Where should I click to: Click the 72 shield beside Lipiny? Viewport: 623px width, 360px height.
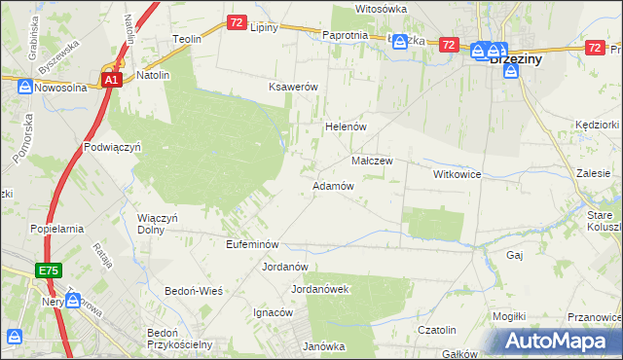[237, 21]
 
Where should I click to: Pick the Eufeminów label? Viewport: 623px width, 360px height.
[253, 244]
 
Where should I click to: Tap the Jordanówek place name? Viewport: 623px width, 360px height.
[320, 289]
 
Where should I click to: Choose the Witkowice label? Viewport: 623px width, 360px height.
[458, 173]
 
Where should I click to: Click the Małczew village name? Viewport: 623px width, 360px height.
[372, 161]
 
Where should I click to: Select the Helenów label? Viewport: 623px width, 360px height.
[344, 126]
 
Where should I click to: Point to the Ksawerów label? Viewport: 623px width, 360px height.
[294, 87]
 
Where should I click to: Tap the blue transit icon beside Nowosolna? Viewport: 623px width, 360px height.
[24, 87]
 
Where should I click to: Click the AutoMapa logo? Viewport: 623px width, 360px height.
[560, 341]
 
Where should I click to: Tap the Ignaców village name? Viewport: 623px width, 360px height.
[274, 312]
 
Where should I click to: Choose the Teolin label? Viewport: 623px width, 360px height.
[186, 39]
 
